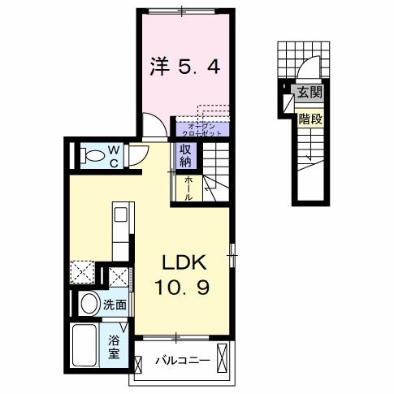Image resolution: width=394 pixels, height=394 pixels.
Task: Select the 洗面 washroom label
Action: point(115,306)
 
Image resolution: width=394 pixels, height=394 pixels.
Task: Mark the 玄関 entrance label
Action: point(310,93)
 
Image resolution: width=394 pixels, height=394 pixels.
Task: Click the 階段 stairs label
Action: point(310,119)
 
